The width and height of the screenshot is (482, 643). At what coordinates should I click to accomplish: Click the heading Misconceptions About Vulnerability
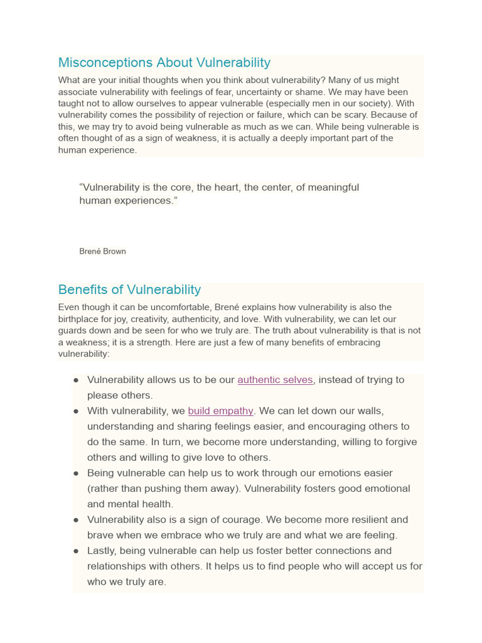coord(164,63)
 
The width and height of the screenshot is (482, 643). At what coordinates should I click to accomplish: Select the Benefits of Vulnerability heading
coord(129,289)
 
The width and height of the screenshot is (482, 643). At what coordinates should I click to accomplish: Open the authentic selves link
coord(275,380)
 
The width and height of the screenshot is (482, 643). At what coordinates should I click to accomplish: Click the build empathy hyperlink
coord(220,411)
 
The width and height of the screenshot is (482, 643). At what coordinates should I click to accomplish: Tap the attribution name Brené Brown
coord(102,251)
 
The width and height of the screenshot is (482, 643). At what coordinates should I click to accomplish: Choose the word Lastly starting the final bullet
coord(102,551)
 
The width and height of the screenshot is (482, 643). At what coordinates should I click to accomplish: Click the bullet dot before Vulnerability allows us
coord(76,380)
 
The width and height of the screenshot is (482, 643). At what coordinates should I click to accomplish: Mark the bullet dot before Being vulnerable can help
coord(76,473)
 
